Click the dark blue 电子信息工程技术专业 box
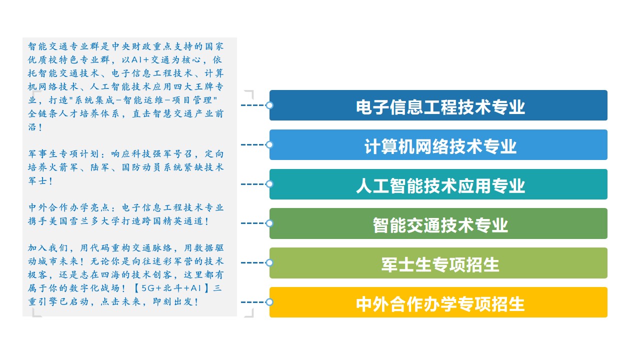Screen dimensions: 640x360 (x=438, y=105)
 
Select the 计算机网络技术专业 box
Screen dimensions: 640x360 (x=438, y=144)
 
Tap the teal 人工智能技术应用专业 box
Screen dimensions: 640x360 (x=438, y=184)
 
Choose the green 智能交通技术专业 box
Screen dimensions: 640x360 (x=438, y=223)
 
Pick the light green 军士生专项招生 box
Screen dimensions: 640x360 (x=438, y=263)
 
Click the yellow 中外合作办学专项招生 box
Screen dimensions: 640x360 (x=438, y=302)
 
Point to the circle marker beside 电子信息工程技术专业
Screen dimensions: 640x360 (x=269, y=105)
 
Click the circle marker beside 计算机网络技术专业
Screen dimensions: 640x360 (x=269, y=144)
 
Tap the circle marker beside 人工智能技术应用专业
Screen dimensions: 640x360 (x=269, y=184)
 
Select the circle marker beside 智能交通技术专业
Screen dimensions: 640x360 (x=269, y=223)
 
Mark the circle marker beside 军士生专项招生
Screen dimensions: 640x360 (x=269, y=262)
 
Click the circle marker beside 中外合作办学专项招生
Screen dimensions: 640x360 (x=269, y=302)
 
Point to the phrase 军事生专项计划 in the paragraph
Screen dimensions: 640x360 (x=63, y=153)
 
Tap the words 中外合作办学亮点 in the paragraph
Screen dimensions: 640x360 (x=68, y=207)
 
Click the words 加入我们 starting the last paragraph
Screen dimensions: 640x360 (x=48, y=247)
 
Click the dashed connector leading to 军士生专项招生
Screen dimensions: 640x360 (x=253, y=262)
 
